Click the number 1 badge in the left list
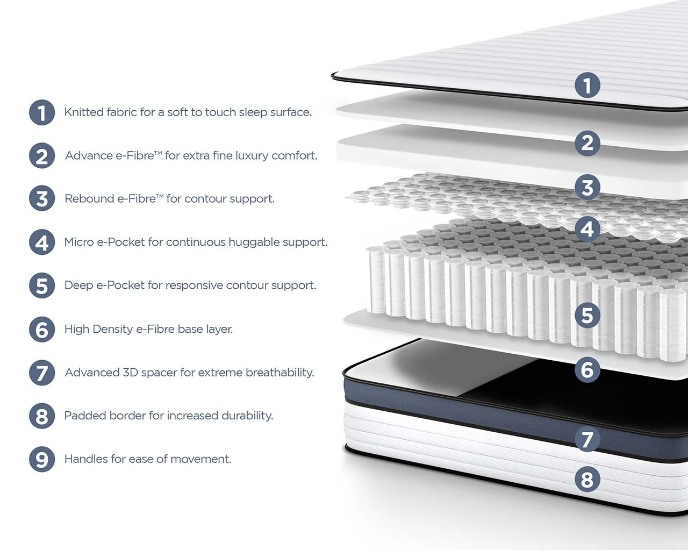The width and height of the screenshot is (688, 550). click(x=42, y=112)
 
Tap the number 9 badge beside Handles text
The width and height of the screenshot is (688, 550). click(x=42, y=459)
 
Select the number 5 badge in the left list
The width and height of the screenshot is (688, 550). click(x=42, y=285)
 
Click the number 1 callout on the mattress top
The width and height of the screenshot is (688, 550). click(x=587, y=85)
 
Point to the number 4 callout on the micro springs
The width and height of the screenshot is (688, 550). click(x=587, y=229)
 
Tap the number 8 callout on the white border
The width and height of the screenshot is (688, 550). click(x=587, y=480)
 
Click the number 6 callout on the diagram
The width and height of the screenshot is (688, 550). click(x=587, y=370)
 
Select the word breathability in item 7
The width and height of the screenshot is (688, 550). click(x=279, y=373)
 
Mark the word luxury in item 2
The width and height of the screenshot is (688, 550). click(x=252, y=156)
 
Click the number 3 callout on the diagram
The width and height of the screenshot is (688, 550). click(x=587, y=187)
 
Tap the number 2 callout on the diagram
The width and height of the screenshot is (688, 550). click(x=587, y=143)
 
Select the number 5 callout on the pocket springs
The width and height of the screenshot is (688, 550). click(x=587, y=315)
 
